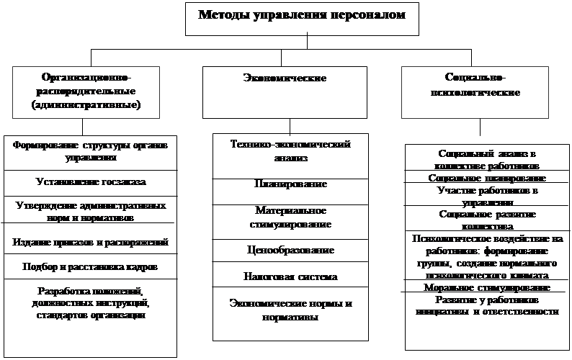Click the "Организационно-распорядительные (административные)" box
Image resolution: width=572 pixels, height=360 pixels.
(90, 91)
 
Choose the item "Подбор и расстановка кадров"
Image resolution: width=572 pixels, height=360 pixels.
(90, 267)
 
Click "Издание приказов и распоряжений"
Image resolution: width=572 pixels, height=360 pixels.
(90, 241)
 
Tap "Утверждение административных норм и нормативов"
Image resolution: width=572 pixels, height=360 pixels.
(90, 211)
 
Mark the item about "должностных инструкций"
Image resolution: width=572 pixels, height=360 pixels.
(90, 304)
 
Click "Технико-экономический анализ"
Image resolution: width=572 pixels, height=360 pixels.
(290, 151)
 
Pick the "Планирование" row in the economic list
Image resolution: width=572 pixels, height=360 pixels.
(290, 185)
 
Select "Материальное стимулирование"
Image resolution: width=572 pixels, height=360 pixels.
(290, 217)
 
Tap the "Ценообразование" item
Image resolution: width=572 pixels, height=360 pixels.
(290, 250)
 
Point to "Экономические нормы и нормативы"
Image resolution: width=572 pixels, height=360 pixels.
(290, 310)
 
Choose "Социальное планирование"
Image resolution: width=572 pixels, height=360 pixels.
(486, 178)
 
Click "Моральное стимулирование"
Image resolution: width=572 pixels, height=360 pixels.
(486, 288)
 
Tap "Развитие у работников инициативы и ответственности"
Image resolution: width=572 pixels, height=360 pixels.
(486, 305)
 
